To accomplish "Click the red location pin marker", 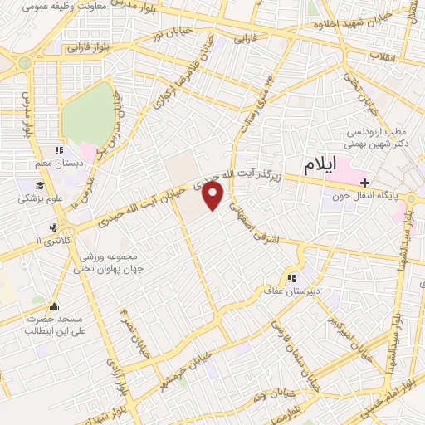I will (x=214, y=196).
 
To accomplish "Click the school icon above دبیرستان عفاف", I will (x=291, y=279).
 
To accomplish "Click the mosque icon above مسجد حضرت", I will (x=55, y=305).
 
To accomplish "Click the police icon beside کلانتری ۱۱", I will (x=54, y=227).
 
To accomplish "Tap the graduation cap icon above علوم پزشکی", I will (x=38, y=186).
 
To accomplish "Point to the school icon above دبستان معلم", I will (x=58, y=151).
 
